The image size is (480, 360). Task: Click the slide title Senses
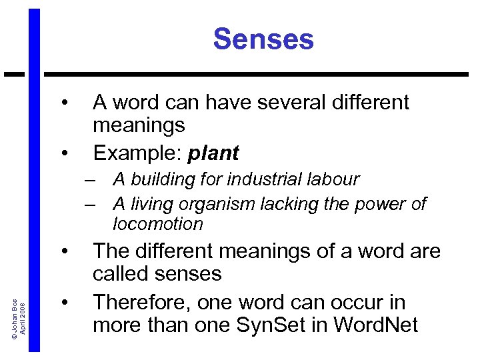(263, 39)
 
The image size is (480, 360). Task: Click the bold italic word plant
(213, 153)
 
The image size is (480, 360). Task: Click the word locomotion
(158, 224)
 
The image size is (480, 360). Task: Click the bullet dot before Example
(65, 154)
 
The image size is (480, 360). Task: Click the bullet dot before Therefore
(65, 303)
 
